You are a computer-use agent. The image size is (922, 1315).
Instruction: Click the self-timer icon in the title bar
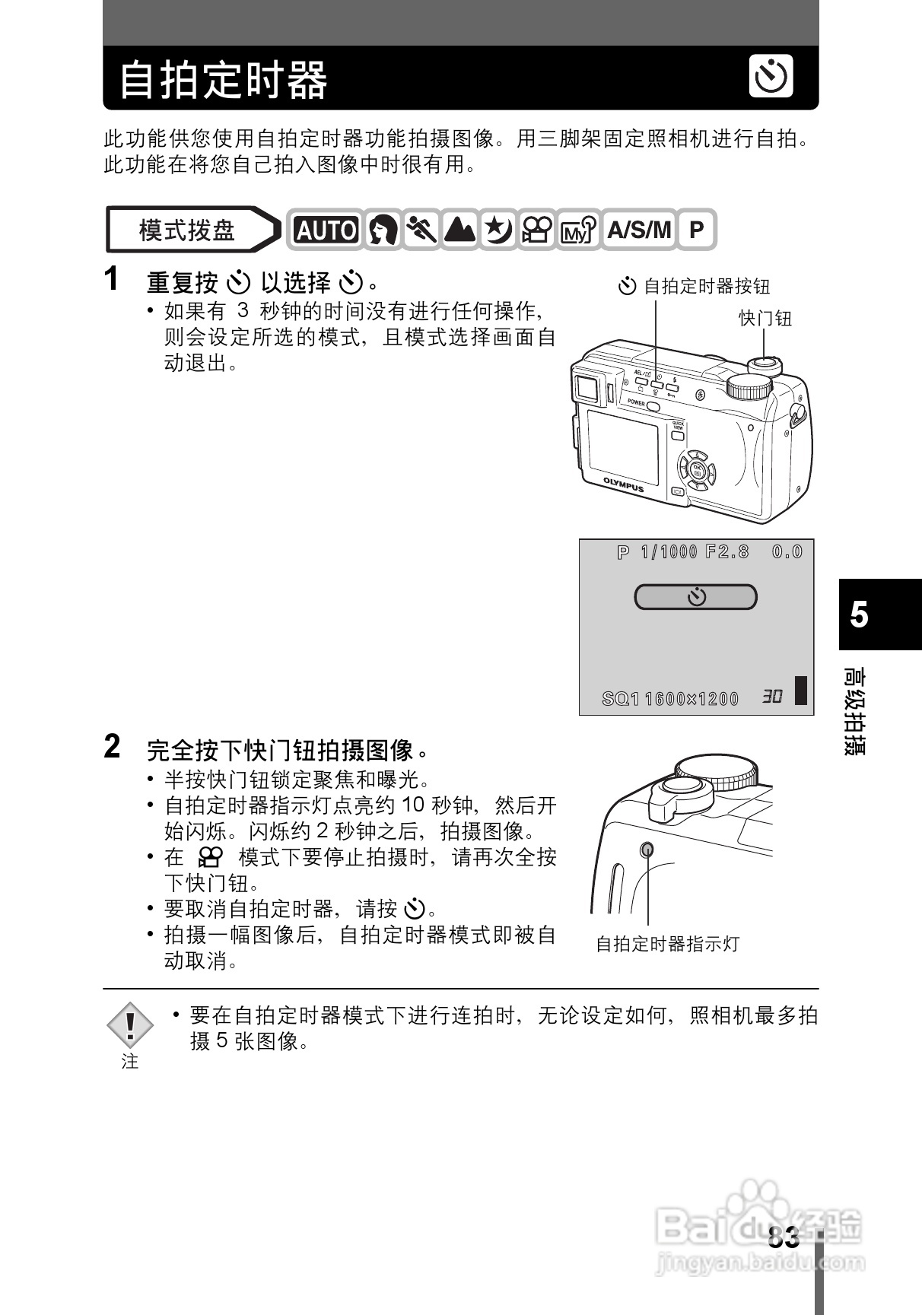coord(771,76)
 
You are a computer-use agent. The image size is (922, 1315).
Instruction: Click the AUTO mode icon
coord(326,230)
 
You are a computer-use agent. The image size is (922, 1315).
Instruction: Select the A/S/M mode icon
coord(639,230)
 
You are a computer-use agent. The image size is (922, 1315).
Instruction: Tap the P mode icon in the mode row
coord(696,230)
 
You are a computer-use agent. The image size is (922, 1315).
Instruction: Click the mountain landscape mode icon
coord(459,230)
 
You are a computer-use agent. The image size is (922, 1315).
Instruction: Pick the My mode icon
coord(577,230)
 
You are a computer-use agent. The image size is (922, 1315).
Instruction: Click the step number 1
coord(112,279)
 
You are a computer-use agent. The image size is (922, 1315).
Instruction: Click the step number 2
coord(112,747)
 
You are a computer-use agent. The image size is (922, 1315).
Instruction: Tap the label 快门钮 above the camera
coord(765,319)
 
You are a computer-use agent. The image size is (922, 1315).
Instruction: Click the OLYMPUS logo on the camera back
coord(623,484)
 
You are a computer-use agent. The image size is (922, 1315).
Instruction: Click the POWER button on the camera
coord(652,405)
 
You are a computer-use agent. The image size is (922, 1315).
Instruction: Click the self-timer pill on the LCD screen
coord(695,597)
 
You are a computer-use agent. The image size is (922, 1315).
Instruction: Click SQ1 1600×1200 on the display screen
coord(670,698)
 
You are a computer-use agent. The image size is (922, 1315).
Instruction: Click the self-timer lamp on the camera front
coord(647,849)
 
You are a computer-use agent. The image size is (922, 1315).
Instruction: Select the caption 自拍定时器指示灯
coord(667,945)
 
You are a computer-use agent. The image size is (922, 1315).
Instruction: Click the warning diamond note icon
coord(130,1024)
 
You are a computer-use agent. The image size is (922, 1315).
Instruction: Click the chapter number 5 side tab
coord(860,615)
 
